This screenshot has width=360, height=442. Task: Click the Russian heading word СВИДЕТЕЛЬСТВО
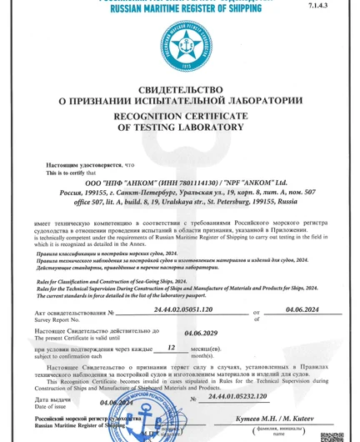(180, 89)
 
